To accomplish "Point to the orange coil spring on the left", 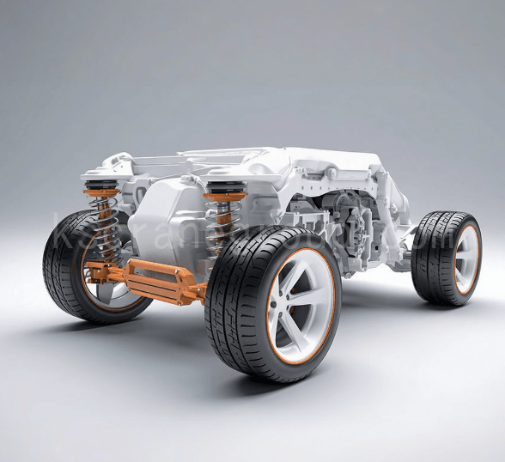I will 106,229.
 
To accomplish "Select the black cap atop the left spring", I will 101,185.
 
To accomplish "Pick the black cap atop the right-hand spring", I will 225,187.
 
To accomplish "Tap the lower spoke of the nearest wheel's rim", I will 296,339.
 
